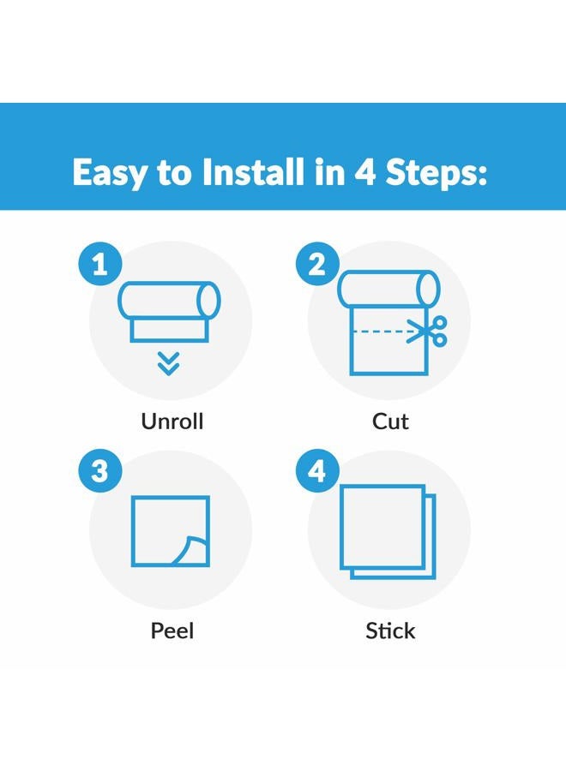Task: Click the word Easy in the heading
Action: pos(110,173)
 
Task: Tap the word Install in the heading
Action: pos(253,171)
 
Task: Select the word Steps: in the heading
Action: pos(436,173)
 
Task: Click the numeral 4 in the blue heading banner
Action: pos(364,172)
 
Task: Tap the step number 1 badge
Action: pos(100,264)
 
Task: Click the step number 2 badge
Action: pos(317,264)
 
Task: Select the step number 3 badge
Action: pos(100,471)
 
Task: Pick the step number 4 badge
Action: pos(317,471)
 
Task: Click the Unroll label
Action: pos(172,421)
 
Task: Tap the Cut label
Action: pos(390,421)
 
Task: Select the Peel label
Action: pos(172,631)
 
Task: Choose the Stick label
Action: pos(390,631)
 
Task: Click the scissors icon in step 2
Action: pos(427,332)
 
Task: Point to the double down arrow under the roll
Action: pos(169,364)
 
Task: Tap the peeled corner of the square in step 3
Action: pos(192,550)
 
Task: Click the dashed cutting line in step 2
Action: pos(380,332)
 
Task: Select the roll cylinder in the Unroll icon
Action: pos(169,300)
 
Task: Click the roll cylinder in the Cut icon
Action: pos(388,289)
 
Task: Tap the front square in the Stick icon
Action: pos(382,527)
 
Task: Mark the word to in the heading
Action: pos(174,174)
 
